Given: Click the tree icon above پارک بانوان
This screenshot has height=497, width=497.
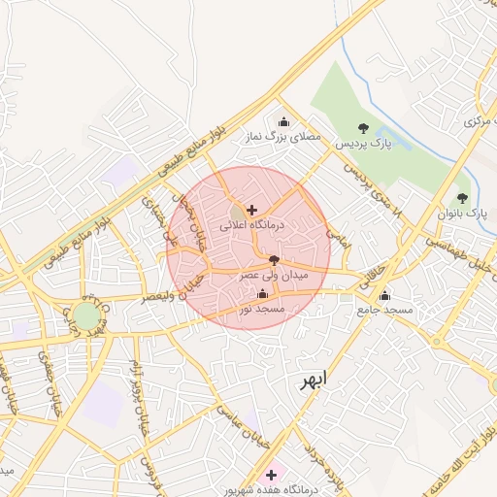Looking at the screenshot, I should click(x=462, y=198).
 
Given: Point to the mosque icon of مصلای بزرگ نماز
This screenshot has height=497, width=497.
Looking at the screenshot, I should click(x=283, y=122).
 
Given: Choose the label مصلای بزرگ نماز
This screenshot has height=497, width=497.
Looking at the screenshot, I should click(x=282, y=138).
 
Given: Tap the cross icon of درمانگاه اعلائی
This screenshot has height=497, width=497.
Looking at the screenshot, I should click(x=252, y=210).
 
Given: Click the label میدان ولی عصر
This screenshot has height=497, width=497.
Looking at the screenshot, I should click(x=273, y=276).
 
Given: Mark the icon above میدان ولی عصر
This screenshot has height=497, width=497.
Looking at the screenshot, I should click(x=274, y=260).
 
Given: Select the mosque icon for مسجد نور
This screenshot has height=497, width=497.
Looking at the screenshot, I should click(x=263, y=294).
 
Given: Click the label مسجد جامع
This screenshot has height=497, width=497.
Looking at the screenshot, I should click(x=384, y=310).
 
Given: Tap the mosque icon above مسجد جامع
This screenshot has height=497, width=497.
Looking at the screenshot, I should click(x=385, y=295).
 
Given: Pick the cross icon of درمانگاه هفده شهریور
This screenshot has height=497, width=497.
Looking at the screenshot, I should click(x=271, y=475).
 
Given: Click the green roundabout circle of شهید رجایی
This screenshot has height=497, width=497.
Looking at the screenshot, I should click(x=86, y=316).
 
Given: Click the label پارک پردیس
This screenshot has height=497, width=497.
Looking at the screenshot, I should click(x=362, y=143).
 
